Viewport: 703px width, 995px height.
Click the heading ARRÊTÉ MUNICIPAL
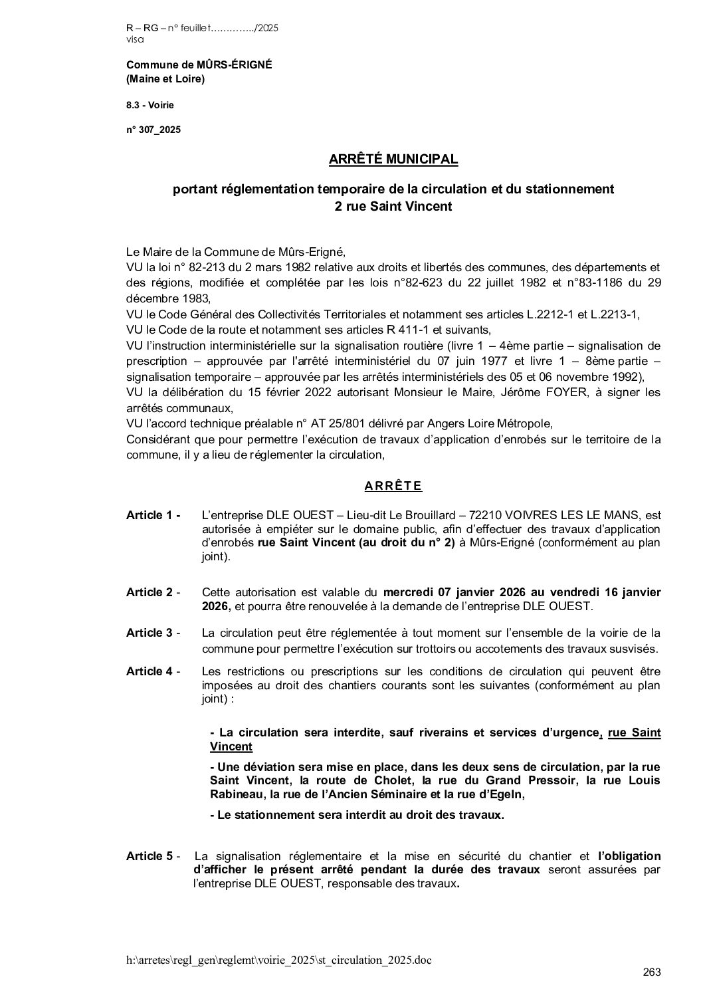tap(393, 160)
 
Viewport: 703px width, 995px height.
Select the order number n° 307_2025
tap(153, 130)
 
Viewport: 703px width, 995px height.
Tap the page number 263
tap(652, 972)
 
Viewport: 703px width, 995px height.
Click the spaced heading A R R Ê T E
tap(393, 486)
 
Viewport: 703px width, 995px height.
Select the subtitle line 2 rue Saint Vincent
tap(393, 207)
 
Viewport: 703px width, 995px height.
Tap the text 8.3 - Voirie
tap(150, 105)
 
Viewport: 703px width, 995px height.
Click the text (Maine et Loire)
tap(165, 80)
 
